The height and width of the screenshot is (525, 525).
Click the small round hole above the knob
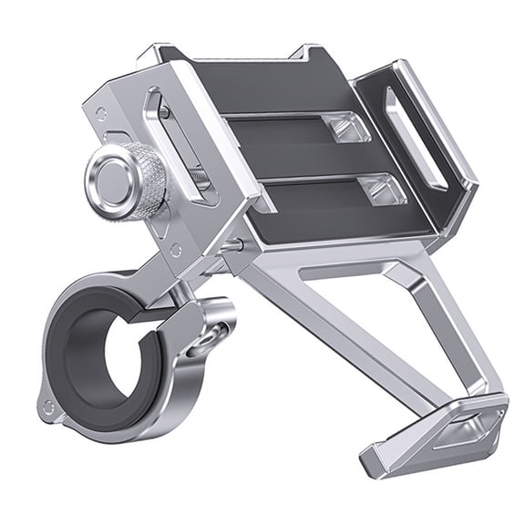point(102,115)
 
